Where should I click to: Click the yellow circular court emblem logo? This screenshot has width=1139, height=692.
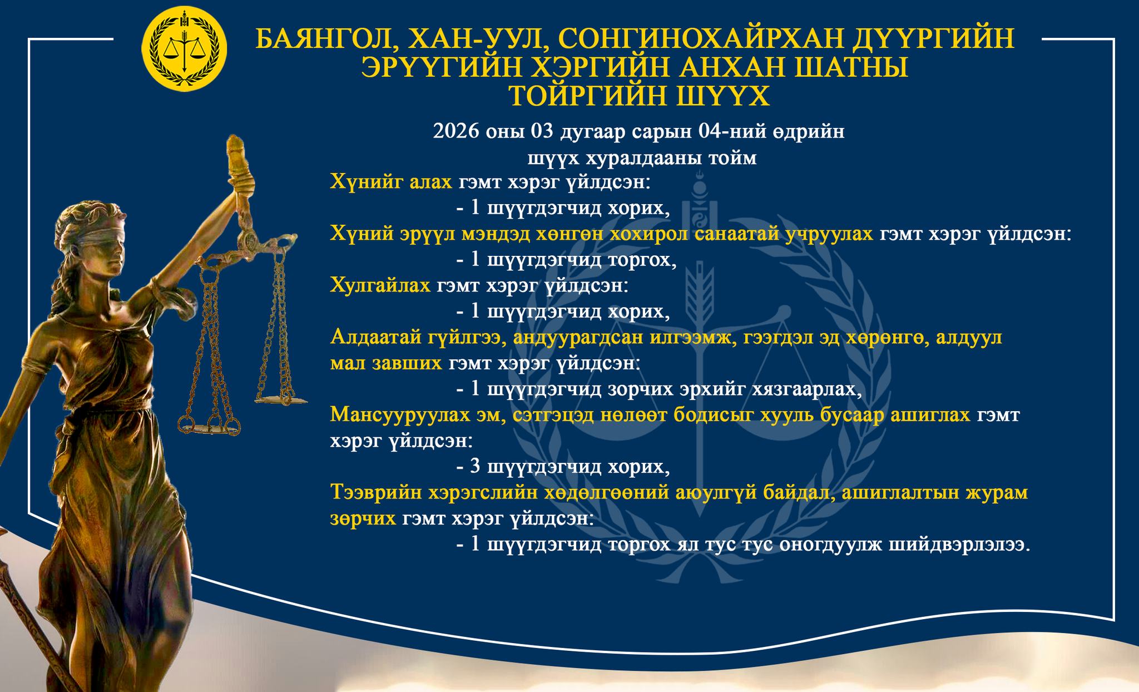(x=185, y=49)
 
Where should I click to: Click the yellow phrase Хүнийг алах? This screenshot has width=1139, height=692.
(x=391, y=182)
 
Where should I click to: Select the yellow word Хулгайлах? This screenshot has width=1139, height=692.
(x=380, y=286)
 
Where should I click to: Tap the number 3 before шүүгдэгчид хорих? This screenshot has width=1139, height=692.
(x=475, y=467)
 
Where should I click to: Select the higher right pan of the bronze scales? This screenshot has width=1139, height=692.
(x=281, y=399)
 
